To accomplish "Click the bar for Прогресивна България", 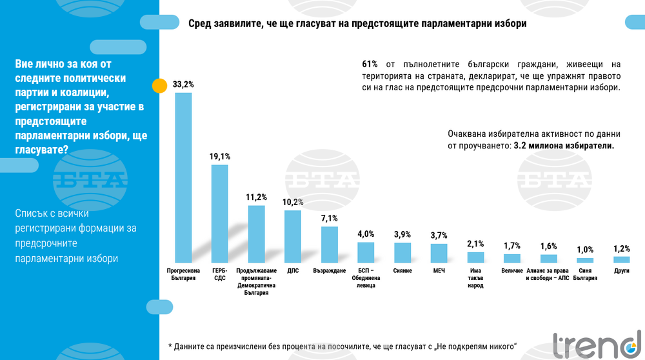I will pos(183,177).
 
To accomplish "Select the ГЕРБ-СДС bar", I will pos(220,214).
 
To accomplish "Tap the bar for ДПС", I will pos(293,236).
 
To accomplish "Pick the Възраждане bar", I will pos(329,245).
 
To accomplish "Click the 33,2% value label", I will pos(183,85).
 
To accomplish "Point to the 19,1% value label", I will pos(220,156).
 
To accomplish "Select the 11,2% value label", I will pos(257,197).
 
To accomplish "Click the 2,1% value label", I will pos(475,243).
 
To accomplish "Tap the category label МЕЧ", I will pos(439,271).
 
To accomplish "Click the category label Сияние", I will pos(402,271).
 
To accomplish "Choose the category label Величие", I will pos(511,271).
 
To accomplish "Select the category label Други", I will pos(621,271).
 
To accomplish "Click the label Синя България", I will pos(585,275).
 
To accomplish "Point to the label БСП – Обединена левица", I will pos(366,279).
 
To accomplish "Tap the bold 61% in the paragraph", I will pos(370,65).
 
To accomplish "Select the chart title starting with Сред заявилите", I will pos(357,24).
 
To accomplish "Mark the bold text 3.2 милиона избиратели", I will pos(563,146).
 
